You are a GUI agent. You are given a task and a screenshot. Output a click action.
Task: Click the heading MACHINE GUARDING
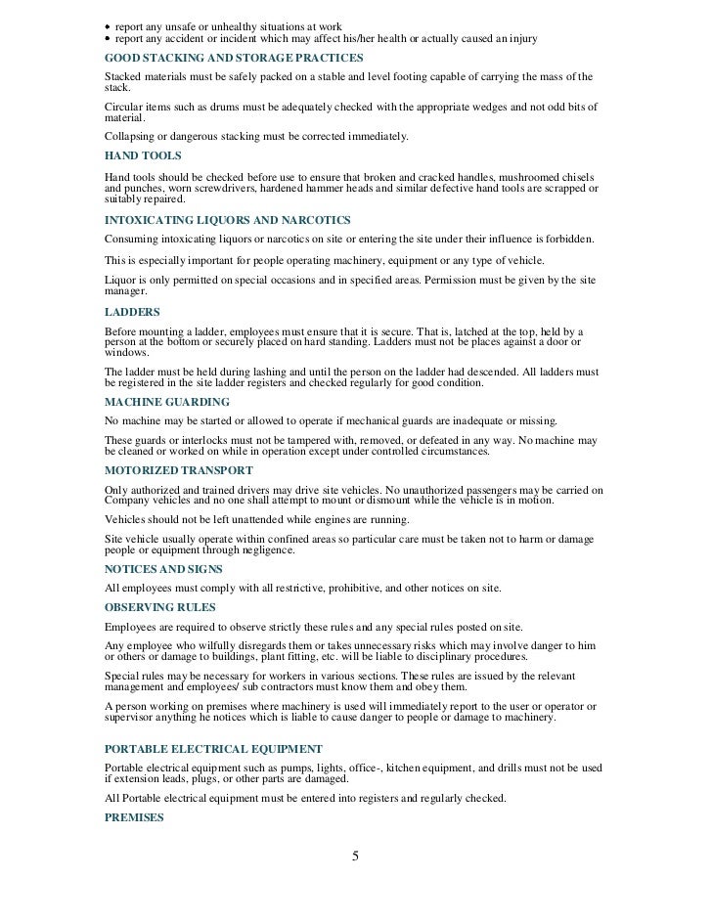(x=166, y=402)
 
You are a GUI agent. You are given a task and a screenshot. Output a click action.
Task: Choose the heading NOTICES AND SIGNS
(x=163, y=569)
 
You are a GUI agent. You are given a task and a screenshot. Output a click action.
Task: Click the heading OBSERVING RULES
(x=160, y=607)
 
